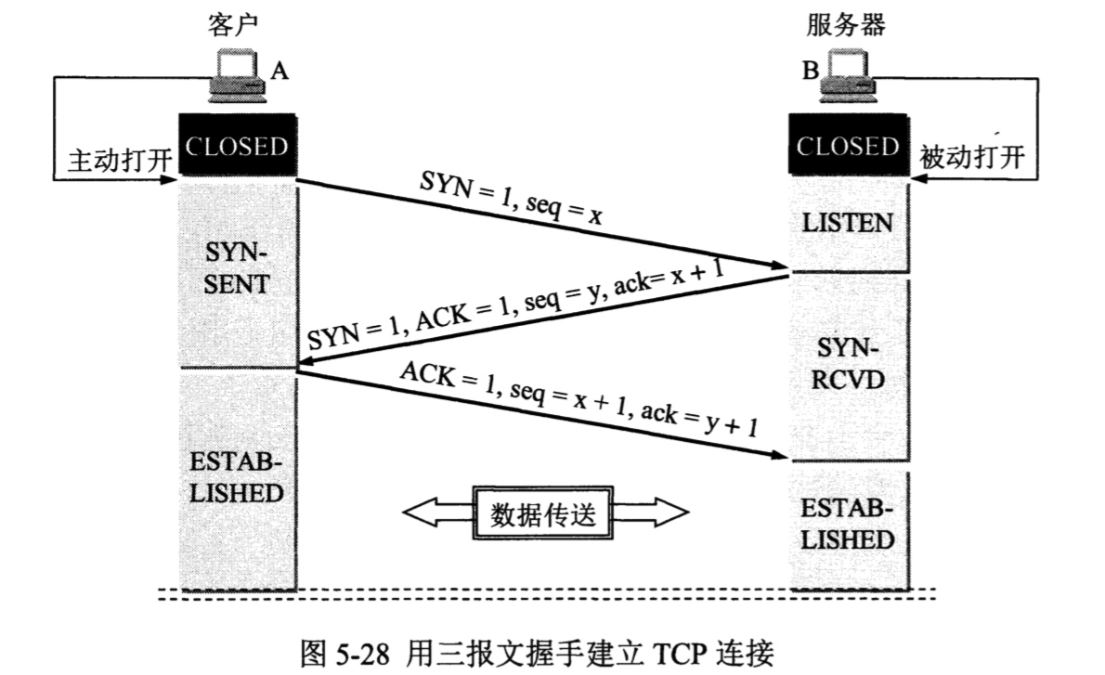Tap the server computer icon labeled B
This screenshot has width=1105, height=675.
pos(850,75)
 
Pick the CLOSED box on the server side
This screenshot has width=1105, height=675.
pos(848,146)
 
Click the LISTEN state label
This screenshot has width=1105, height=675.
pos(847,223)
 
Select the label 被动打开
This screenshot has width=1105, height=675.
pos(971,157)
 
